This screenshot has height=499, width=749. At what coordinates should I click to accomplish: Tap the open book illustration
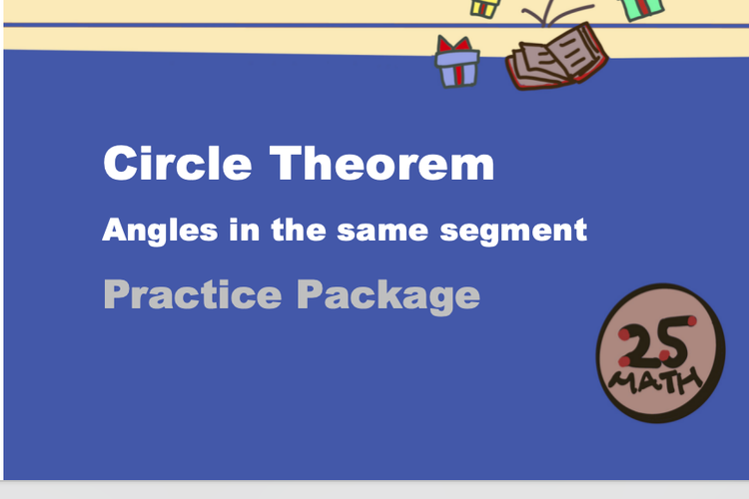coord(555,58)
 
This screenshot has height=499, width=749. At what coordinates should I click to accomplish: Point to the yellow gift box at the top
coord(484,7)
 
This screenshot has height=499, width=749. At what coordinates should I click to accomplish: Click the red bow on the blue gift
coord(456,45)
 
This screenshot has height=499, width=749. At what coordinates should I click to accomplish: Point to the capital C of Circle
coord(121,163)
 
